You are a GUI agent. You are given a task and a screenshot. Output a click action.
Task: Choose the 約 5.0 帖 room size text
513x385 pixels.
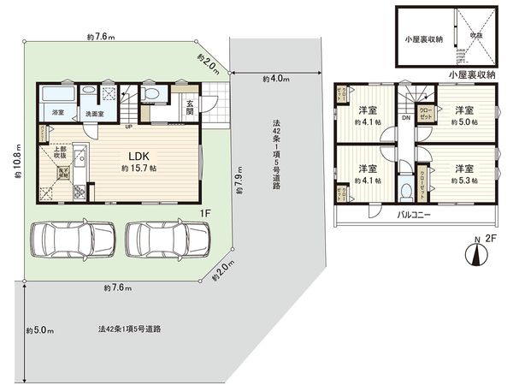463,122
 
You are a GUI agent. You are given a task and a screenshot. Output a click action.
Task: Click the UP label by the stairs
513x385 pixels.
128,128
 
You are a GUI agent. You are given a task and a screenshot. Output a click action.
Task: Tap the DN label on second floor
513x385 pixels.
405,118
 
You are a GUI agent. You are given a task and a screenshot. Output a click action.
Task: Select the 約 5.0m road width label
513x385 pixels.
38,329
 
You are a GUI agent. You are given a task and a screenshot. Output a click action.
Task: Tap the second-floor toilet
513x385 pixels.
407,190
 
